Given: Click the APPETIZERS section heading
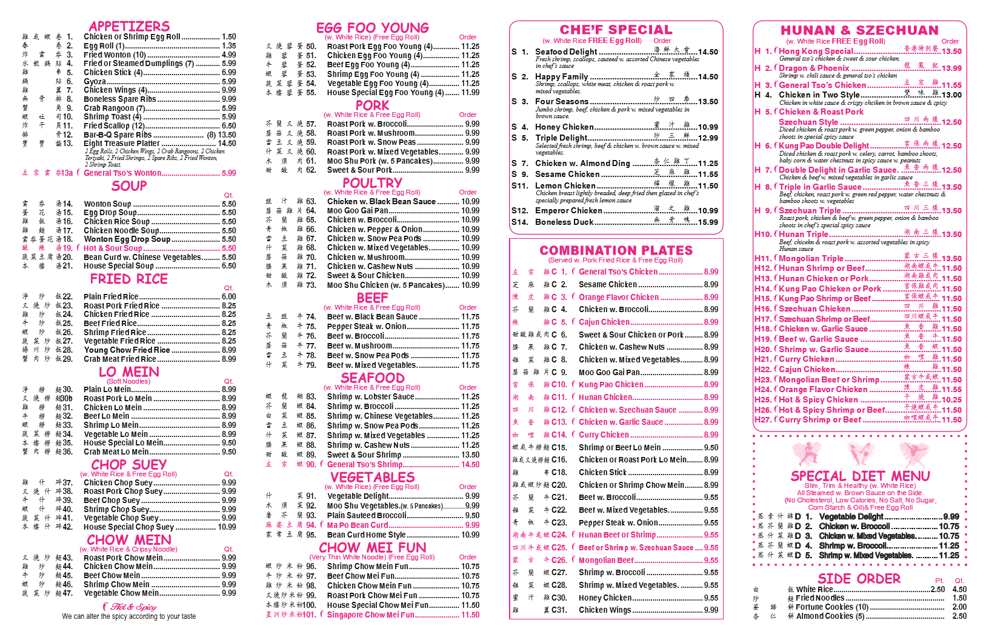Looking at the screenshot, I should click(x=129, y=26).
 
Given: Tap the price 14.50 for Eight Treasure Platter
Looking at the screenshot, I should click(x=227, y=144).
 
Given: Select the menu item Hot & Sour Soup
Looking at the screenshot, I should click(x=113, y=248).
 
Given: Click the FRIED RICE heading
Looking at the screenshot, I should click(x=128, y=279).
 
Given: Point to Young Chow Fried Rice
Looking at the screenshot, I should click(x=127, y=350).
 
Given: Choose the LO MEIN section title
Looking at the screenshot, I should click(x=128, y=372).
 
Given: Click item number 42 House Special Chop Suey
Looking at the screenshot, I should click(x=128, y=527).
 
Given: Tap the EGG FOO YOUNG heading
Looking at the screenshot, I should click(x=372, y=28).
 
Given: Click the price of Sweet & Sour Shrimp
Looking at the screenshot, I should click(x=470, y=455).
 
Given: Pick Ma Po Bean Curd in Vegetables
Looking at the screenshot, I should click(x=358, y=525).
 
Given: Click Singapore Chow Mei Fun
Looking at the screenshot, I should click(x=370, y=615).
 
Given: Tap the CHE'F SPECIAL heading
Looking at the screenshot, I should click(x=616, y=30).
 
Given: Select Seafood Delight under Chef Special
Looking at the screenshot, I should click(x=566, y=52).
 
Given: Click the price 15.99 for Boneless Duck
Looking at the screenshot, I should click(x=708, y=222).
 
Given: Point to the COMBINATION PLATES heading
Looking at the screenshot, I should click(x=616, y=250).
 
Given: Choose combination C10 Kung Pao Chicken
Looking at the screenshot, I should click(x=611, y=385).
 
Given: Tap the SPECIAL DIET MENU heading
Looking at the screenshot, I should click(x=860, y=476).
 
